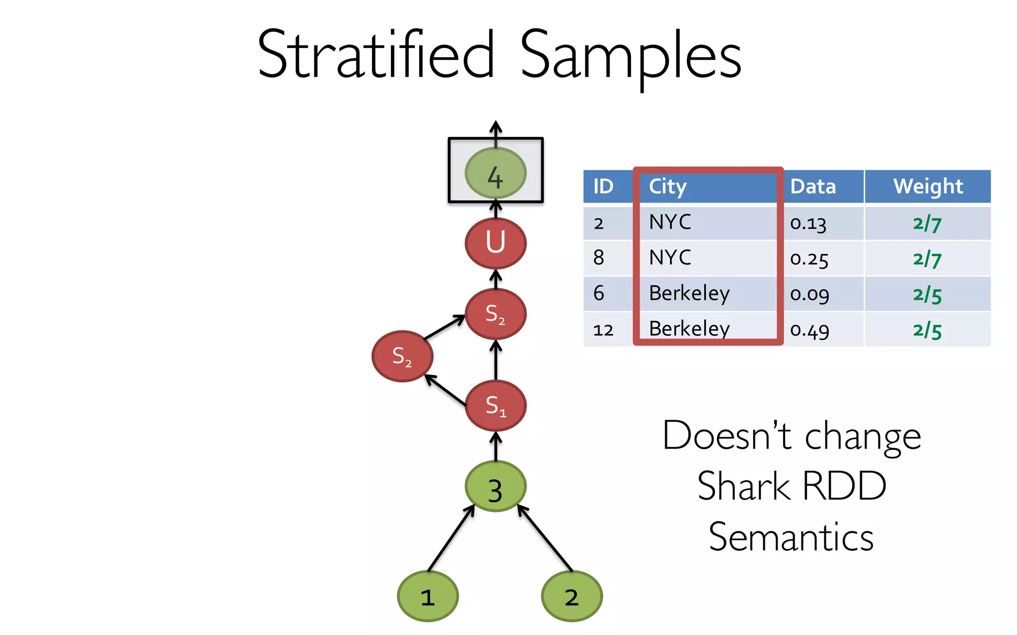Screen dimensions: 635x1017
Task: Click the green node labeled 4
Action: (x=495, y=173)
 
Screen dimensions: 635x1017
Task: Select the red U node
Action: (x=495, y=243)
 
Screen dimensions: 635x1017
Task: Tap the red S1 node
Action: (x=495, y=406)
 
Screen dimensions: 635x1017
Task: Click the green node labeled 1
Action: (x=428, y=596)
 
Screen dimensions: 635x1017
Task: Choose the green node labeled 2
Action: (x=572, y=596)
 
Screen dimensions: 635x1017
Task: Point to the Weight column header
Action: (x=928, y=187)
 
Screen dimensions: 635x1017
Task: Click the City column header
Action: (x=668, y=187)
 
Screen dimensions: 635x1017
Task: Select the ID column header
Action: (x=603, y=187)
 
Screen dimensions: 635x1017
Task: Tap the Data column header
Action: (x=813, y=187)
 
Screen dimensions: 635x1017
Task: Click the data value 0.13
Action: (x=808, y=223)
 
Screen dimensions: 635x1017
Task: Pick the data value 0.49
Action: (x=809, y=330)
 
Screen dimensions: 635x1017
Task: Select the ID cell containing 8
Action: (x=599, y=258)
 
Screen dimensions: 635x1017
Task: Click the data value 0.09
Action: (x=809, y=294)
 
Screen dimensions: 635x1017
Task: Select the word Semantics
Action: (x=791, y=537)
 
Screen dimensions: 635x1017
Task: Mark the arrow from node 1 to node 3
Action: (x=451, y=539)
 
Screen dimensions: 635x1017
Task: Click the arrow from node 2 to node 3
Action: (x=545, y=538)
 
